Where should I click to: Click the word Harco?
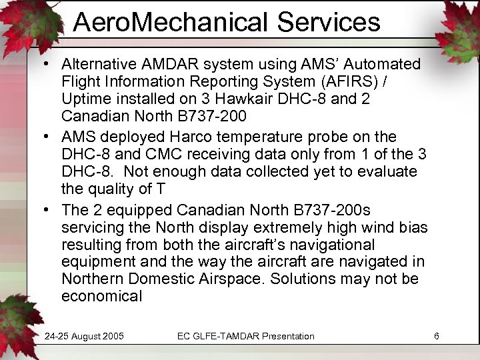click(186, 137)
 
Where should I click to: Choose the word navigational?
click(337, 245)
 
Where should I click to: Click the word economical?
click(101, 297)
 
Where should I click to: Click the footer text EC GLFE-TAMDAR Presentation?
click(245, 336)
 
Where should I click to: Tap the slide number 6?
click(436, 336)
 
